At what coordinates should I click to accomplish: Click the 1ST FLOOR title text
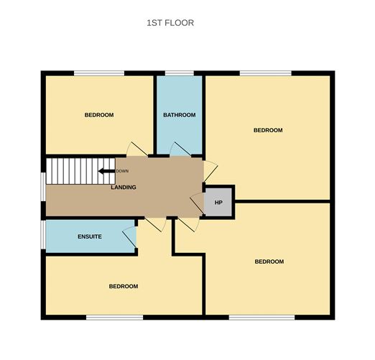(170, 23)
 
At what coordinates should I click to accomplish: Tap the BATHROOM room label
(179, 115)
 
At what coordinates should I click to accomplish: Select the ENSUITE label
(90, 236)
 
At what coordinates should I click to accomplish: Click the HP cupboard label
(218, 202)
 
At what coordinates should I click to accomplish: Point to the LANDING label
(124, 188)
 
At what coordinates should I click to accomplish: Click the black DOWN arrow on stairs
(106, 171)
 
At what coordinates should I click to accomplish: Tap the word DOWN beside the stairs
(122, 171)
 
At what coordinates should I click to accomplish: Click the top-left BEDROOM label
(99, 115)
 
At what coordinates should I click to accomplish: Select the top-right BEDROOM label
(268, 130)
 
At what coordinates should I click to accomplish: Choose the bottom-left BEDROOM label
(124, 286)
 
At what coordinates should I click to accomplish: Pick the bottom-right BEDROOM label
(269, 262)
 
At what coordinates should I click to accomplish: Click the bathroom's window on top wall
(180, 73)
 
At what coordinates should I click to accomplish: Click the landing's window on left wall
(43, 187)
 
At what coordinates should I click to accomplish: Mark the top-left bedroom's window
(99, 73)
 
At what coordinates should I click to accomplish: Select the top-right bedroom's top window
(266, 73)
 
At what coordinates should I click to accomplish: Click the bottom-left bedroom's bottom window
(114, 316)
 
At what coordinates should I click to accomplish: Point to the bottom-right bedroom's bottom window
(261, 316)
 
